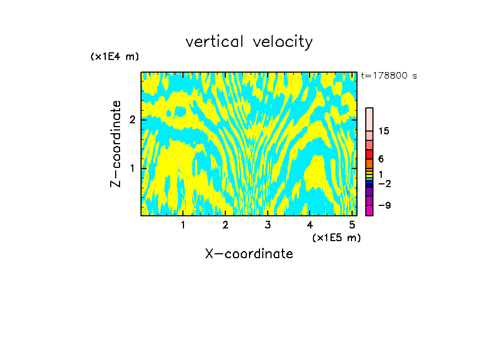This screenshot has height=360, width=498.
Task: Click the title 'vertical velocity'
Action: pos(249,42)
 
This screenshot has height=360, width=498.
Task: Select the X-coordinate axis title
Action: pos(249,254)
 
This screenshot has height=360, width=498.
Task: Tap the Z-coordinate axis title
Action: pos(116,144)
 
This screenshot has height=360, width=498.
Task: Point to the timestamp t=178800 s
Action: pos(389,76)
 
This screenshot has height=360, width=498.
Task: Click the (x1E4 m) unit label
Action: pos(115,57)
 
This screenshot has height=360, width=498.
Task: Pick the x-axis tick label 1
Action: pos(183,225)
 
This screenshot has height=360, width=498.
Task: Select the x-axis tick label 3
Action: pos(268,225)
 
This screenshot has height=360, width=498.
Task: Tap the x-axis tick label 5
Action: pos(352,225)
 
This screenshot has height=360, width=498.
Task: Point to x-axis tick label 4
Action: pos(310,225)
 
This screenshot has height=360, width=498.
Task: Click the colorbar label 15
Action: pos(384,131)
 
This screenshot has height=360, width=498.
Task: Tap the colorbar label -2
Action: pos(385,184)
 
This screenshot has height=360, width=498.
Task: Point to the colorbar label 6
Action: pos(381,159)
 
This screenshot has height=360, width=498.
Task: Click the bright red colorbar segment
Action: pos(369,154)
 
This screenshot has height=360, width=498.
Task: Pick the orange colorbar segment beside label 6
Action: pos(369,163)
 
